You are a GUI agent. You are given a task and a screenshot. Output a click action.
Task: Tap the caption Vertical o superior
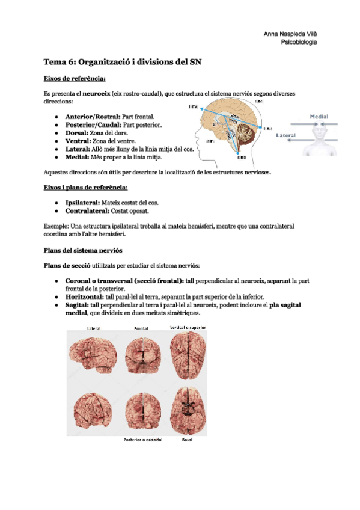click(x=188, y=328)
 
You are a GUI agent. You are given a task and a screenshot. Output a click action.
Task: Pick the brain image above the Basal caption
click(x=187, y=409)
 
